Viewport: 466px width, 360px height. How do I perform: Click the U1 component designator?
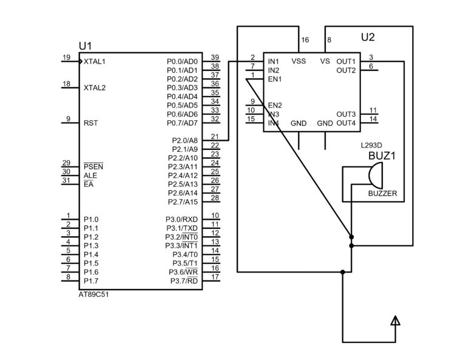pyautogui.click(x=85, y=47)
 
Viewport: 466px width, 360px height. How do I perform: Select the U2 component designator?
pyautogui.click(x=368, y=38)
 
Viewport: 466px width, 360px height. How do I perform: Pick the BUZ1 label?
pyautogui.click(x=382, y=156)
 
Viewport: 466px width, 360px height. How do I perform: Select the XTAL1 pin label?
pyautogui.click(x=95, y=62)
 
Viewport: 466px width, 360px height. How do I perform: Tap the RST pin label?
pyautogui.click(x=91, y=123)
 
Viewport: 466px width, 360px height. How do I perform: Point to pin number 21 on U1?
pyautogui.click(x=214, y=136)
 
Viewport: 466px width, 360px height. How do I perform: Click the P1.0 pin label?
pyautogui.click(x=91, y=219)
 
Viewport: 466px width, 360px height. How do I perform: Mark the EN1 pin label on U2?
pyautogui.click(x=275, y=79)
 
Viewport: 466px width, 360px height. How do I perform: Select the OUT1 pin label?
pyautogui.click(x=346, y=61)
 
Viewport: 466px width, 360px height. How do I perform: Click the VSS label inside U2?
pyautogui.click(x=299, y=61)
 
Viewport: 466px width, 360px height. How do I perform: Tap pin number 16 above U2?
pyautogui.click(x=305, y=40)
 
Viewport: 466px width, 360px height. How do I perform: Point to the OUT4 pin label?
pyautogui.click(x=346, y=123)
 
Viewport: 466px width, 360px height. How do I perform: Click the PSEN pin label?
pyautogui.click(x=94, y=166)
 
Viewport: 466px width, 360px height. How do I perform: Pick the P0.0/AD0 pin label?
pyautogui.click(x=182, y=61)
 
